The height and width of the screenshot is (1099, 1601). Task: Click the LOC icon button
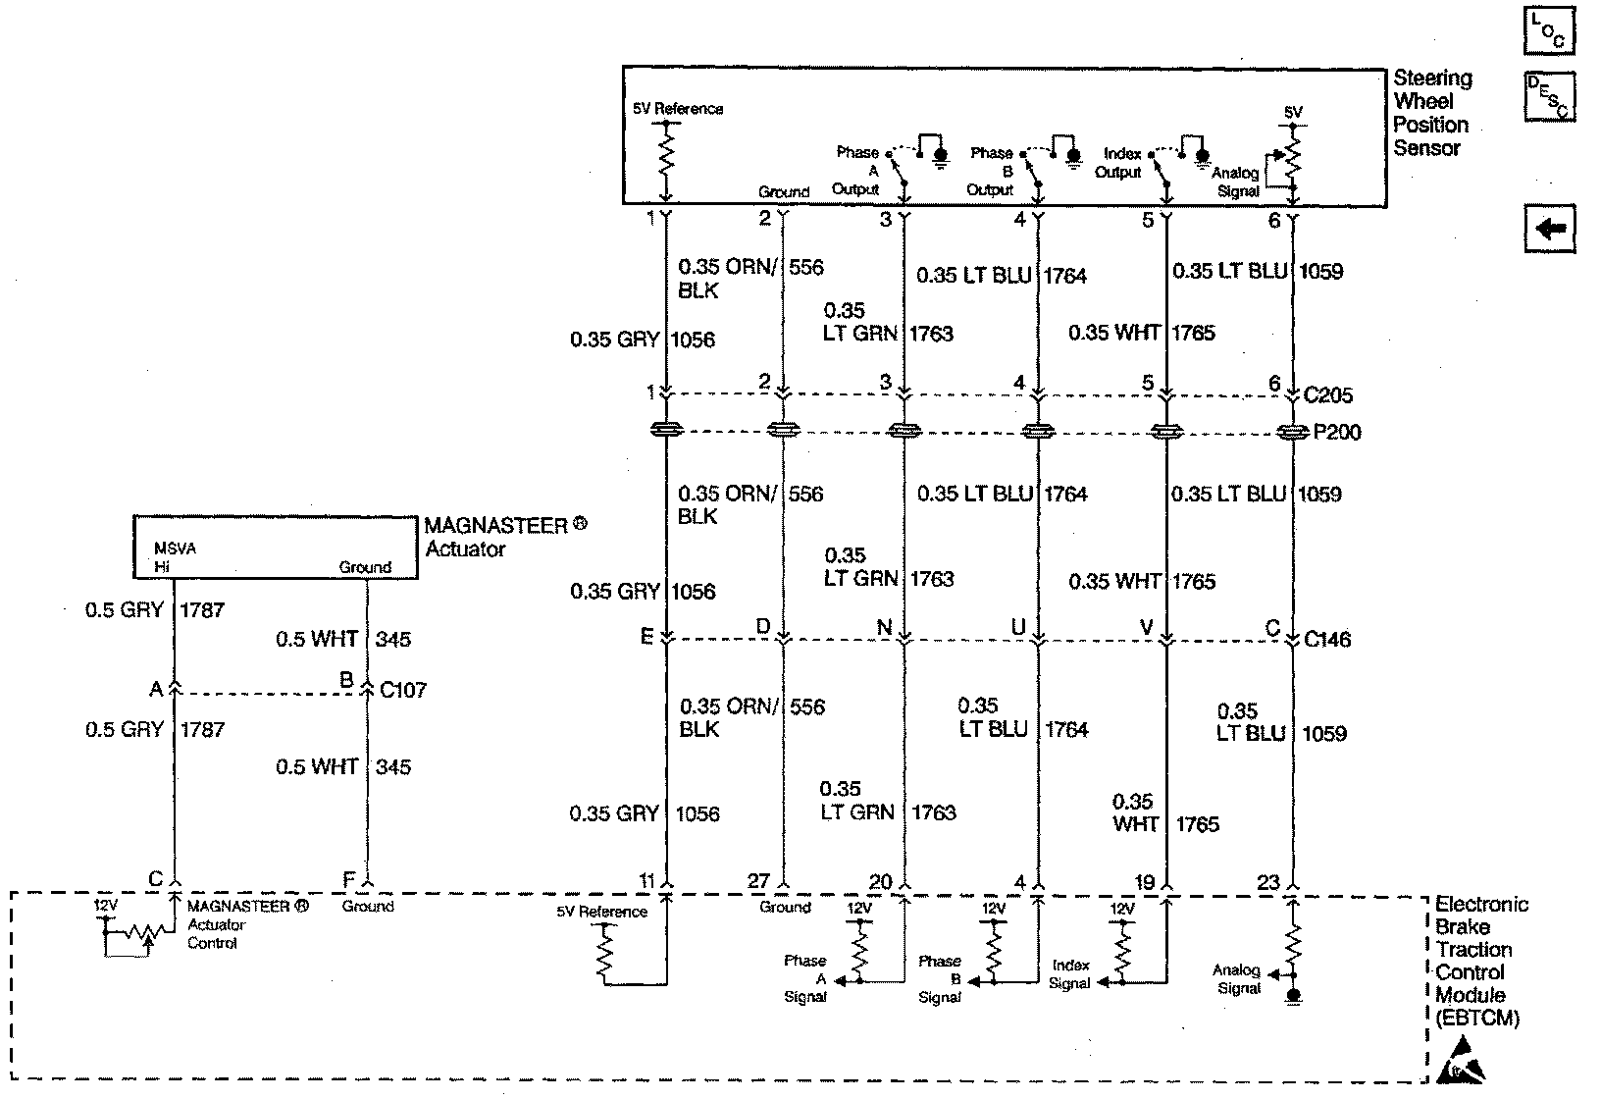click(1550, 29)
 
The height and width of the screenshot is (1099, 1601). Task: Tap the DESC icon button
click(1550, 96)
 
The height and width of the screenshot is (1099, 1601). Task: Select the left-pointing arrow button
click(1550, 230)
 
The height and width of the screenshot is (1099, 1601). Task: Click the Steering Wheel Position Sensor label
click(1431, 113)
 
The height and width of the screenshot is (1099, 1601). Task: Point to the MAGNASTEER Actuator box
click(275, 548)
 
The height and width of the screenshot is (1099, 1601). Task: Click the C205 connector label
click(1328, 395)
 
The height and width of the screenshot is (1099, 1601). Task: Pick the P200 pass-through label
click(1337, 433)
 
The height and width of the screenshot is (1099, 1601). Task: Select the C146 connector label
click(1327, 640)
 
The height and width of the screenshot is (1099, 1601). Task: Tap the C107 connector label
click(403, 690)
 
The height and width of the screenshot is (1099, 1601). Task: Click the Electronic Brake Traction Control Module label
click(1478, 961)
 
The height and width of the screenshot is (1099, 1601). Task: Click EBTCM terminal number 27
click(758, 881)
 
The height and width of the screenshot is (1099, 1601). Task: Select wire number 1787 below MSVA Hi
click(202, 610)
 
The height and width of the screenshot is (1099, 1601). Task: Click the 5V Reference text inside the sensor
click(678, 109)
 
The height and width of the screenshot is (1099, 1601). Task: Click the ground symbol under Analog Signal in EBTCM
click(1294, 996)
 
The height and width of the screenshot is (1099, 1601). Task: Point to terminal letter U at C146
click(1018, 628)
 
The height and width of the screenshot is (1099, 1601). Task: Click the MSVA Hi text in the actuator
click(174, 557)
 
